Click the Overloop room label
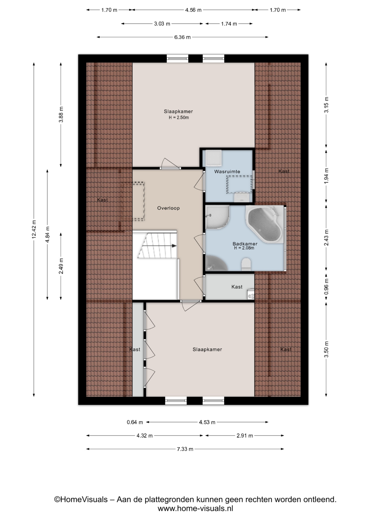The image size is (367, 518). coord(168,208)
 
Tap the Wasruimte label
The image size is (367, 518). coord(227,172)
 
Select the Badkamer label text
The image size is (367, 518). coord(245,244)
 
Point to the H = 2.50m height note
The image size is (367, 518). coord(179,118)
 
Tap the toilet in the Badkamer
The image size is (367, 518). coord(246,264)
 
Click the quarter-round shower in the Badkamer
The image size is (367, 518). coord(217,217)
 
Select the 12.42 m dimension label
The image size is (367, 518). coord(34,229)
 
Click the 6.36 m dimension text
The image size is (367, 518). coord(182,37)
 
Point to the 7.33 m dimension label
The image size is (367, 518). coord(185,449)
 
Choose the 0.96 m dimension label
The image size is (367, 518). coord(326,286)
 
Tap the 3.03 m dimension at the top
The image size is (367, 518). coord(162,24)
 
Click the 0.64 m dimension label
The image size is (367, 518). coord(135,422)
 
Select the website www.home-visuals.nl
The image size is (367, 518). coord(195,509)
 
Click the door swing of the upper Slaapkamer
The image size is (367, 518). coord(170,163)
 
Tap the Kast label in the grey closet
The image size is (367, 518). coord(237,287)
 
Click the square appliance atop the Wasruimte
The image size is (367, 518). coord(213,158)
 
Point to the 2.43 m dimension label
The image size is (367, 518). coord(326,237)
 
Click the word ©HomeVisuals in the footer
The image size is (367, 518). coord(81,500)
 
